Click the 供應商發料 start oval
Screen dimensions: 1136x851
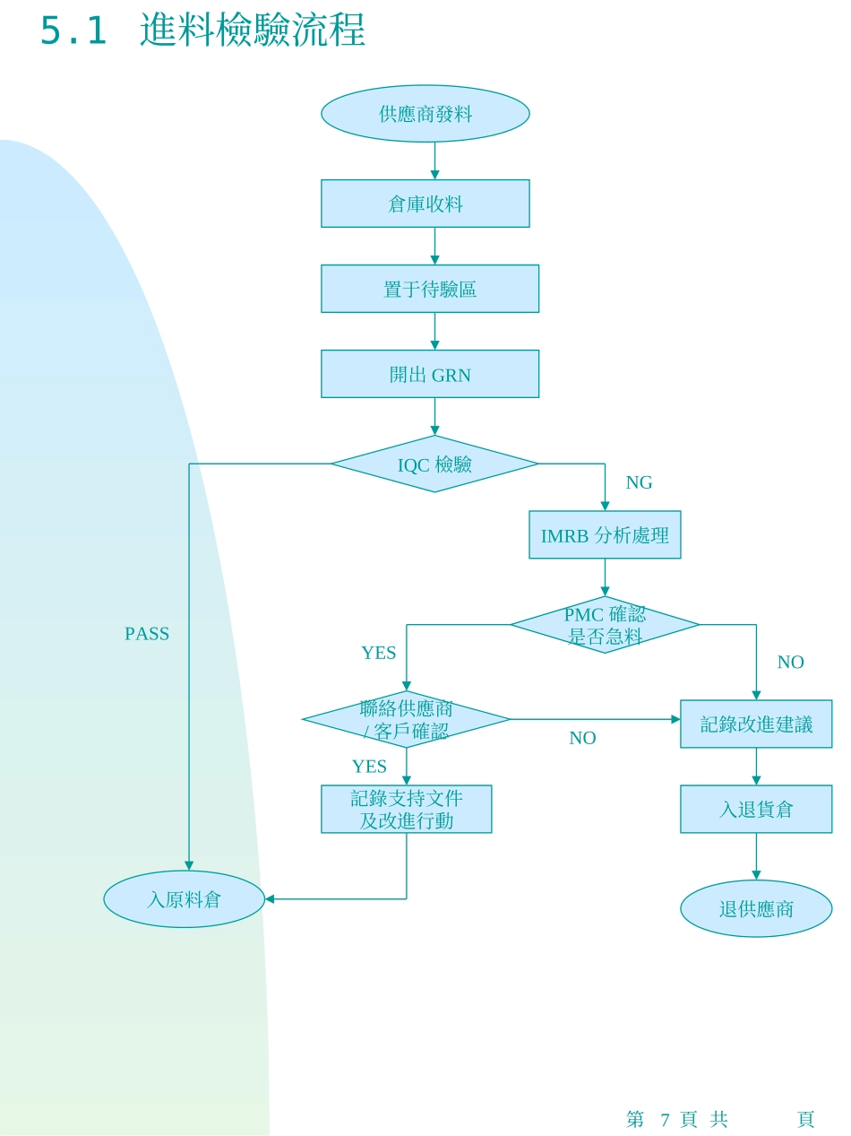[x=425, y=114]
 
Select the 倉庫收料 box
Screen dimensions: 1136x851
[x=425, y=204]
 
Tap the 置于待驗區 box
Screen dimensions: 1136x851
[x=430, y=289]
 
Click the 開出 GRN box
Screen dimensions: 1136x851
[x=430, y=374]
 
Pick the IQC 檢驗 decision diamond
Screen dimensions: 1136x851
[x=434, y=464]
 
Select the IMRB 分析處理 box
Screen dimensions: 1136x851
[x=605, y=535]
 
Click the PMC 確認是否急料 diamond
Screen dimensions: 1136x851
[x=605, y=625]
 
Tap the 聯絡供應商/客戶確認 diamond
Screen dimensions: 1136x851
[x=406, y=719]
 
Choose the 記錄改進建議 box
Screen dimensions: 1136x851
[x=756, y=724]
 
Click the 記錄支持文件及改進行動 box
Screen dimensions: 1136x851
[x=406, y=809]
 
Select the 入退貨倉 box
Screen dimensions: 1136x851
[x=756, y=809]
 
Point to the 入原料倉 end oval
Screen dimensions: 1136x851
[x=184, y=899]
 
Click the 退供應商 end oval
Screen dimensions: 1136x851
[x=756, y=908]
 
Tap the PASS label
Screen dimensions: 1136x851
[x=147, y=634]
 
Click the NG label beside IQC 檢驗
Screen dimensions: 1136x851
[x=639, y=482]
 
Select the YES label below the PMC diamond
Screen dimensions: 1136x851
[x=378, y=653]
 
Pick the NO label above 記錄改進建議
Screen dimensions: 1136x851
[x=790, y=662]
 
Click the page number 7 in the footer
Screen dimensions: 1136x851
[x=665, y=1119]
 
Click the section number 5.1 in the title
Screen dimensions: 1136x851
[x=73, y=31]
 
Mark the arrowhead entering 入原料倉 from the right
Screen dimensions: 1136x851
[x=270, y=898]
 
